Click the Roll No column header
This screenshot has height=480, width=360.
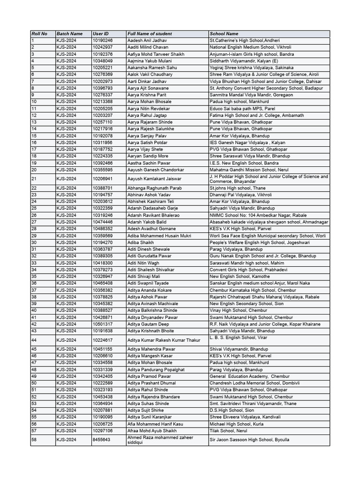[39, 34]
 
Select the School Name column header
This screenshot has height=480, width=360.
[224, 34]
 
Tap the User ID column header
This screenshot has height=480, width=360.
[101, 34]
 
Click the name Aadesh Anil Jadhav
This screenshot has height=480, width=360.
[147, 41]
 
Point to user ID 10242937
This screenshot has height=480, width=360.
[103, 47]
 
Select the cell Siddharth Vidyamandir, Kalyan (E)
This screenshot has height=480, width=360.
[244, 61]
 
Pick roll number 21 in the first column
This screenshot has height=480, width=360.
[34, 179]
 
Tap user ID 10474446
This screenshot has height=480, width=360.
[103, 222]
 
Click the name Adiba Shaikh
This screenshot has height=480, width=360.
[141, 243]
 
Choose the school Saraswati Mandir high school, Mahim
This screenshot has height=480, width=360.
[247, 263]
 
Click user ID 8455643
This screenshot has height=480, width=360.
[102, 440]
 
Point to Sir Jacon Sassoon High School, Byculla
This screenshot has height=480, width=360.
[249, 440]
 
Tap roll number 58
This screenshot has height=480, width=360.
[34, 440]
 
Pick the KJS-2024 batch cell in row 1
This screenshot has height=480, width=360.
[67, 41]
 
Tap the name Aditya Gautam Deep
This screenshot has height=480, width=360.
[149, 324]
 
